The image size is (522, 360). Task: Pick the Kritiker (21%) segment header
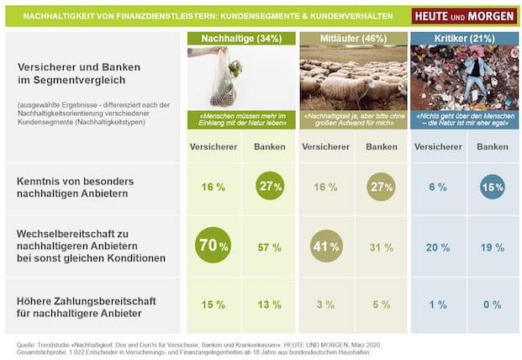463,39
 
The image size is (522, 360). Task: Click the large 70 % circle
214,246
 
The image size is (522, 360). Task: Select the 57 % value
269,247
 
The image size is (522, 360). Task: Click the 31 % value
381,247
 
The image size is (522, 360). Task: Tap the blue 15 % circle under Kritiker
493,187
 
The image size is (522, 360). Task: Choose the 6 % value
438,187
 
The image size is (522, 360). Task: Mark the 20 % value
438,247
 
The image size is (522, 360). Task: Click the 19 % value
493,247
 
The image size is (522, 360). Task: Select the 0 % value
493,304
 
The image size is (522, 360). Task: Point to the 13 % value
269,304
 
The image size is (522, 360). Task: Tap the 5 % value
381,304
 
